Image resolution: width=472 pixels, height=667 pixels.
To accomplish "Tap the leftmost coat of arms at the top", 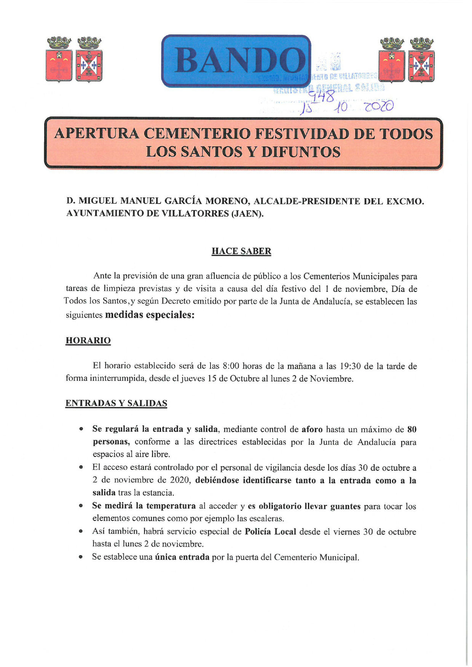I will pos(59,60).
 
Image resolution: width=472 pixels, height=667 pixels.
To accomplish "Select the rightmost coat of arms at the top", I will pos(421,60).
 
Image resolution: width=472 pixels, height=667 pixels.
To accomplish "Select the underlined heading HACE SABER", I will pos(241,252).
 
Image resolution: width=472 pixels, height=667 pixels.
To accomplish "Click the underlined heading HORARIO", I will pos(88,341).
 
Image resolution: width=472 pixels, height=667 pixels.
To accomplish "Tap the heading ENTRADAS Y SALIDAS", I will pos(116,403).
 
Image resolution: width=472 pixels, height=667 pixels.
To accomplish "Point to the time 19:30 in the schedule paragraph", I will pos(350,366).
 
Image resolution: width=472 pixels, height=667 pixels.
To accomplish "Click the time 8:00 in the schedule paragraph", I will pos(230,366).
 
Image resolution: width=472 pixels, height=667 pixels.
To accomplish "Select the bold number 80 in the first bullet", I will pos(412,430).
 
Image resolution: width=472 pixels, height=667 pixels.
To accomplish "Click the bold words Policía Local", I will pos(270,532).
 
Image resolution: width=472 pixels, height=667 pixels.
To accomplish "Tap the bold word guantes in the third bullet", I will pos(345,506).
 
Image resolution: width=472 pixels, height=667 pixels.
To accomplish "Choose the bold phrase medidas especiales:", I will pos(150,315).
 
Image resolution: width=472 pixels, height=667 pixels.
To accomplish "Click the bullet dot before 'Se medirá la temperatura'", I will pos(81,506).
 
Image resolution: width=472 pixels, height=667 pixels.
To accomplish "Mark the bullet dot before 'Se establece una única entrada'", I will pos(81,557).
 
